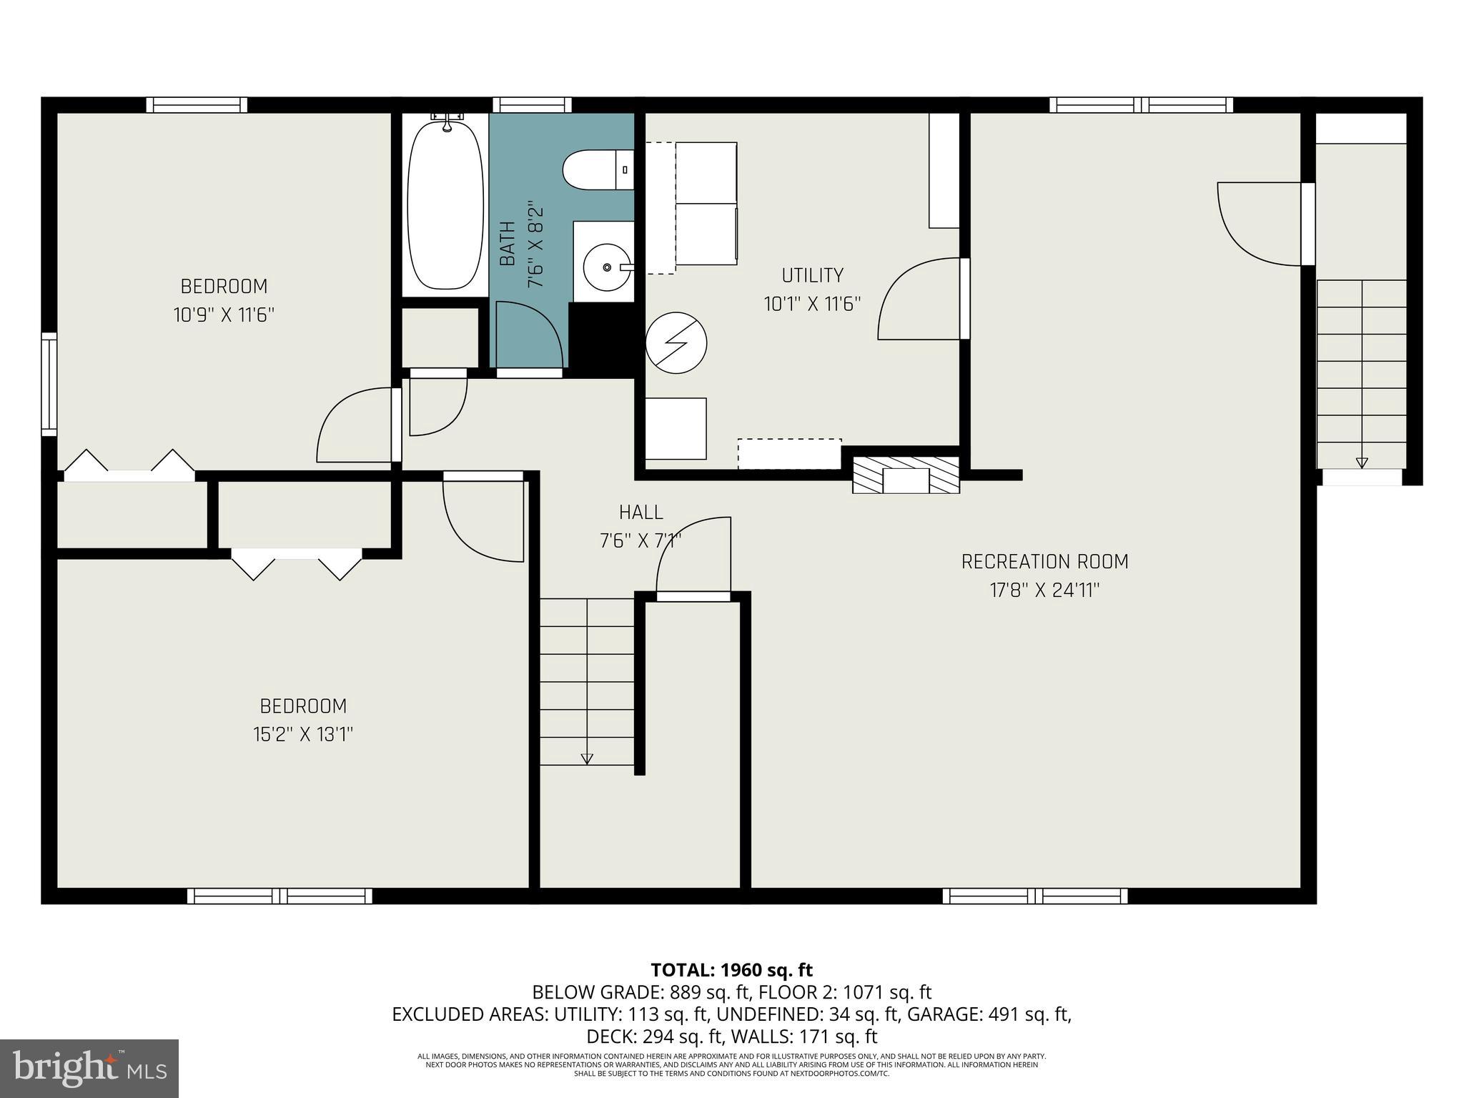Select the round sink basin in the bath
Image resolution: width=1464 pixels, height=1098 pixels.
(x=606, y=267)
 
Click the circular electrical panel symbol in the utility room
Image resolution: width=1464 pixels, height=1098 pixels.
(x=676, y=342)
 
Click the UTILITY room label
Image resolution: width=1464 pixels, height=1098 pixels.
(x=812, y=275)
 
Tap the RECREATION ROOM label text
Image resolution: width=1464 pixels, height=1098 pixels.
(x=1044, y=562)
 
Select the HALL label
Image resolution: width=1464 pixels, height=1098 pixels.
(x=640, y=512)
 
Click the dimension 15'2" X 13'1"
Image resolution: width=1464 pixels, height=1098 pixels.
(x=303, y=735)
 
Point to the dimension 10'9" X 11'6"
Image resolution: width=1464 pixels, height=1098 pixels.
(x=224, y=315)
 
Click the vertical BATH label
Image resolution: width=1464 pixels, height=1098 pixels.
(x=508, y=244)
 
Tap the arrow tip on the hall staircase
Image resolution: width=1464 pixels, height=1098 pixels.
(x=587, y=760)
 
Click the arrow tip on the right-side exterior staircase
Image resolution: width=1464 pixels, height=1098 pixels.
(x=1362, y=463)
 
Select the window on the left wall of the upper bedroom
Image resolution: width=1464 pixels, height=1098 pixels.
(x=49, y=384)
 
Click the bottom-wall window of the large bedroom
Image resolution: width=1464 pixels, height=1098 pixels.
(x=280, y=896)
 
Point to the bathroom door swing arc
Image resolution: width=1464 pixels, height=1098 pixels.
(x=533, y=332)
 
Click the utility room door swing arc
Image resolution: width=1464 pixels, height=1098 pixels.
(x=919, y=299)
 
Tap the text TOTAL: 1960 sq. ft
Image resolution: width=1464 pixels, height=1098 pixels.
(x=731, y=970)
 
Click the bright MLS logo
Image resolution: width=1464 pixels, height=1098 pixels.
(x=89, y=1068)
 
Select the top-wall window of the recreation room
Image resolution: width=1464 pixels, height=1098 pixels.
(x=1141, y=105)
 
